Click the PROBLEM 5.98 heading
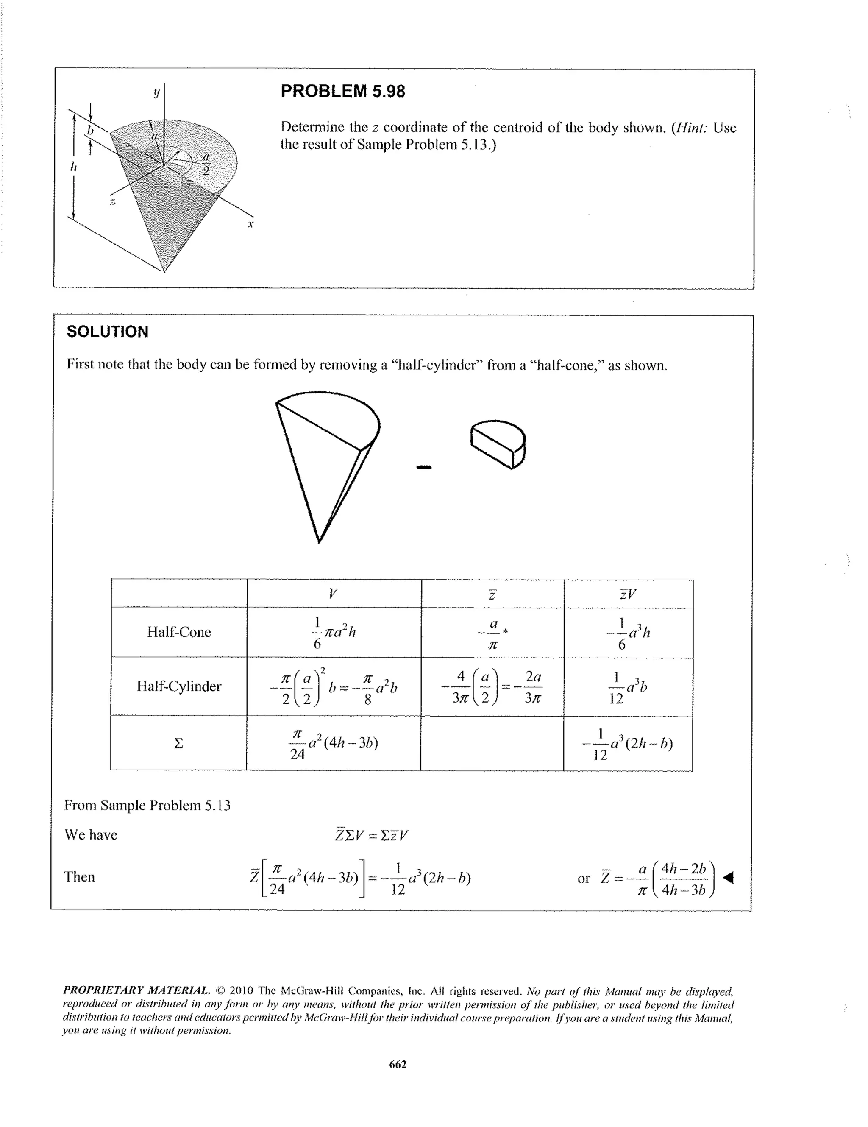click(x=342, y=91)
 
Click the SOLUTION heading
click(x=107, y=332)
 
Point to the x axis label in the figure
click(x=250, y=224)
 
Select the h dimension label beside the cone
click(x=73, y=167)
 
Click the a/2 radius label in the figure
click(x=206, y=164)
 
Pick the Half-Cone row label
click(x=179, y=632)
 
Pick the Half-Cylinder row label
click(x=178, y=686)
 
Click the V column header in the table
click(x=333, y=594)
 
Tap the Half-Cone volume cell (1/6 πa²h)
click(x=334, y=632)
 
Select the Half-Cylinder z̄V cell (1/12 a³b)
click(x=627, y=687)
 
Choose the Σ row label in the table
click(x=178, y=744)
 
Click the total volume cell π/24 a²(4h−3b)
click(x=334, y=744)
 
